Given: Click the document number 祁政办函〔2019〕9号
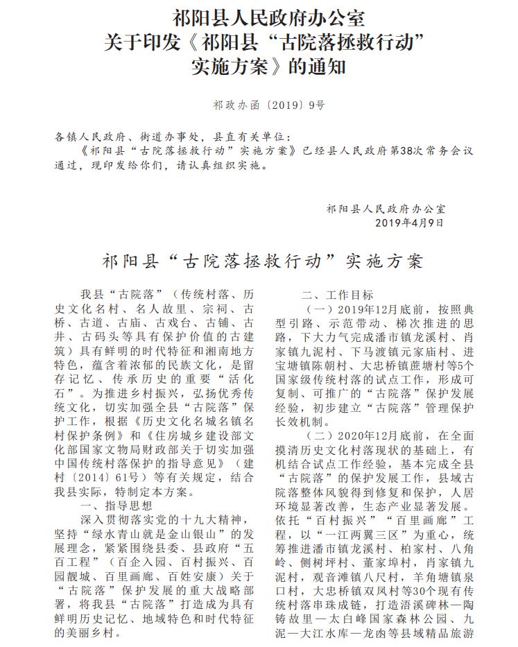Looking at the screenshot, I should click(259, 105).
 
